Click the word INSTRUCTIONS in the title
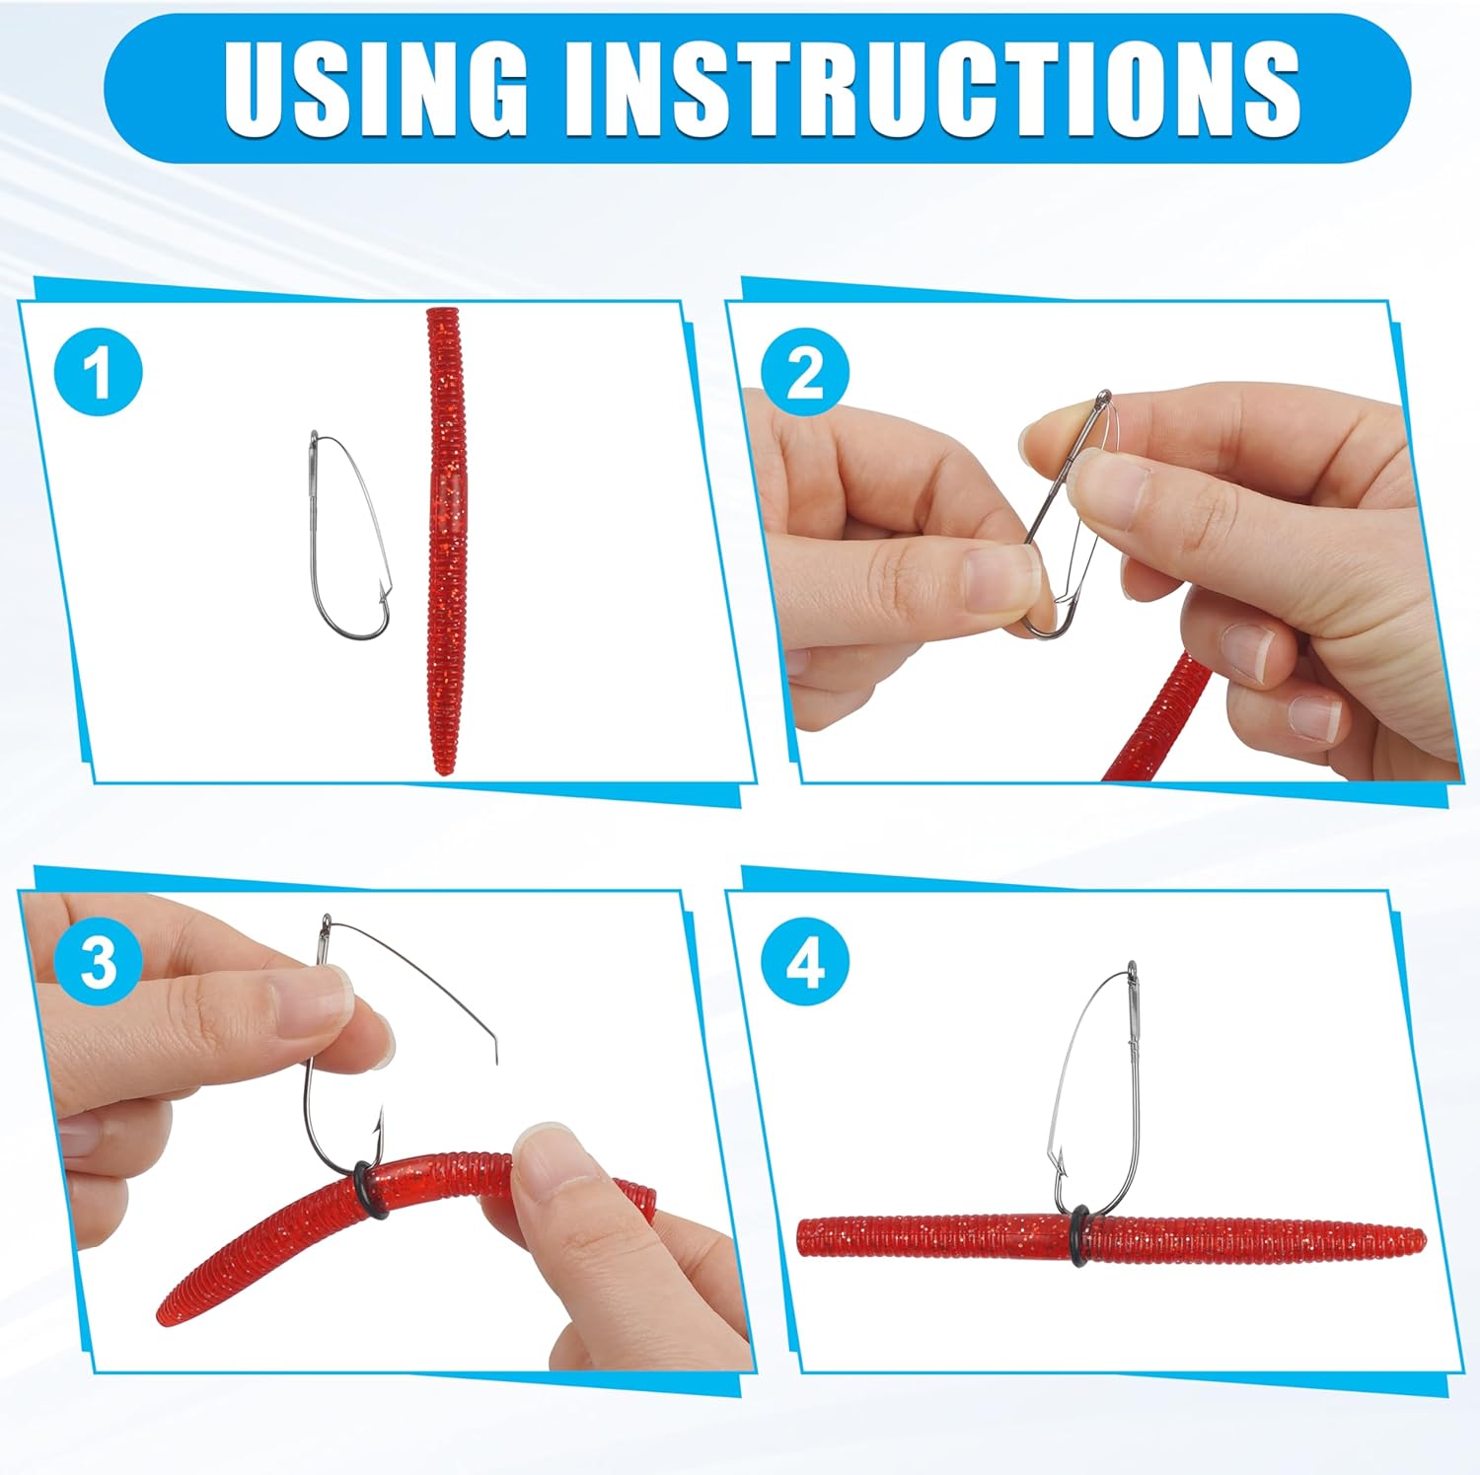(933, 89)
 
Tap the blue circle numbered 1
(99, 372)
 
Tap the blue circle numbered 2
(805, 372)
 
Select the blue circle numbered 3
(99, 961)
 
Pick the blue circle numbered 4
(805, 961)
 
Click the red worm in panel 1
(447, 541)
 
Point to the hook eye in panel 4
(1132, 969)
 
